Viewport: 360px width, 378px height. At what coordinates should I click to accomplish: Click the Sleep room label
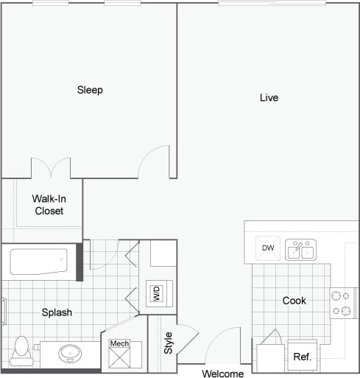(90, 90)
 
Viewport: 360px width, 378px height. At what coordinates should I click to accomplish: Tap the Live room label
(269, 97)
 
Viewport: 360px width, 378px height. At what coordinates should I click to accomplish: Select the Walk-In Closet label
(49, 204)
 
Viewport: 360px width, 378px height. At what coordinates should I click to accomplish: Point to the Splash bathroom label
(57, 312)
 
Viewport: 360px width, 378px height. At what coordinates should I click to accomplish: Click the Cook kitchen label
(294, 301)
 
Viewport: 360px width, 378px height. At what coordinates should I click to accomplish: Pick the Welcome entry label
(222, 373)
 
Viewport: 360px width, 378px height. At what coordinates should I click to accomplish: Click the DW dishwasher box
(268, 248)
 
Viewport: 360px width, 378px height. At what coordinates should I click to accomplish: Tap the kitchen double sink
(300, 250)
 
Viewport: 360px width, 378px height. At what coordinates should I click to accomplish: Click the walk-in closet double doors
(51, 168)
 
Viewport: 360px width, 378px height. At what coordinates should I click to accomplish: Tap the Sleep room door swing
(156, 162)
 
